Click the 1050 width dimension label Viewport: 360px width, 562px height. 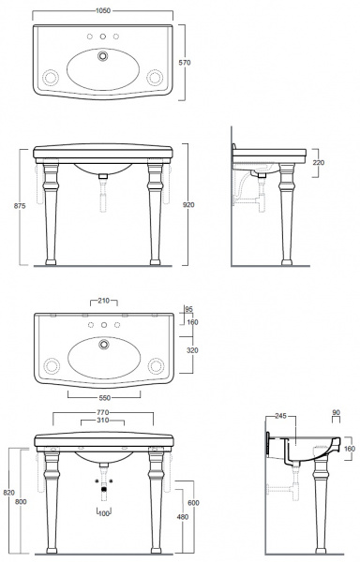coord(103,10)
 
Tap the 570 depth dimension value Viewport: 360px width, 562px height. coord(185,63)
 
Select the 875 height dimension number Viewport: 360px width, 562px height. coord(20,206)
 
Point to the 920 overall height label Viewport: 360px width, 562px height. coord(188,204)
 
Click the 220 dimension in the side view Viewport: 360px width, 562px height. coord(319,162)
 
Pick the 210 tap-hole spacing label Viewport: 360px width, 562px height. coord(104,301)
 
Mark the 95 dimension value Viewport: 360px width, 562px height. coord(189,309)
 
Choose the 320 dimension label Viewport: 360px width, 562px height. coord(192,350)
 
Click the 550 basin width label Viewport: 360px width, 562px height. coord(104,398)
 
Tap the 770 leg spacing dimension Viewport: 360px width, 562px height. coord(102,413)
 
